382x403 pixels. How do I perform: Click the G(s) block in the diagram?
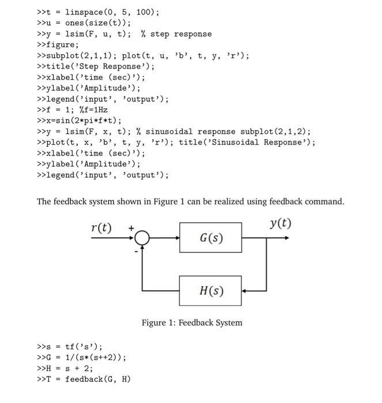(210, 237)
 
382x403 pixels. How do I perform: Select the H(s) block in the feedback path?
(210, 291)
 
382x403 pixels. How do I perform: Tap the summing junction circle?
(143, 237)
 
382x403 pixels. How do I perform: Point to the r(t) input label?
(101, 227)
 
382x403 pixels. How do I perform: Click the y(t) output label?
(280, 223)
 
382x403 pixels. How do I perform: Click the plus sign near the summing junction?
(131, 228)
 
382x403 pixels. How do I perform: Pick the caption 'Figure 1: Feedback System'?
(192, 322)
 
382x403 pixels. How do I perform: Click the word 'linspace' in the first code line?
(84, 12)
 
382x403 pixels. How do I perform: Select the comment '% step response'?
(176, 34)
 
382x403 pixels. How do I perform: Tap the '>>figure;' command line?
(58, 45)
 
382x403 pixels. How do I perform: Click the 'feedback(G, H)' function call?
(97, 379)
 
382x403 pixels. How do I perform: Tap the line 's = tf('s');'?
(69, 347)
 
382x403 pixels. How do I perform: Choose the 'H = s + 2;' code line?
(65, 368)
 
